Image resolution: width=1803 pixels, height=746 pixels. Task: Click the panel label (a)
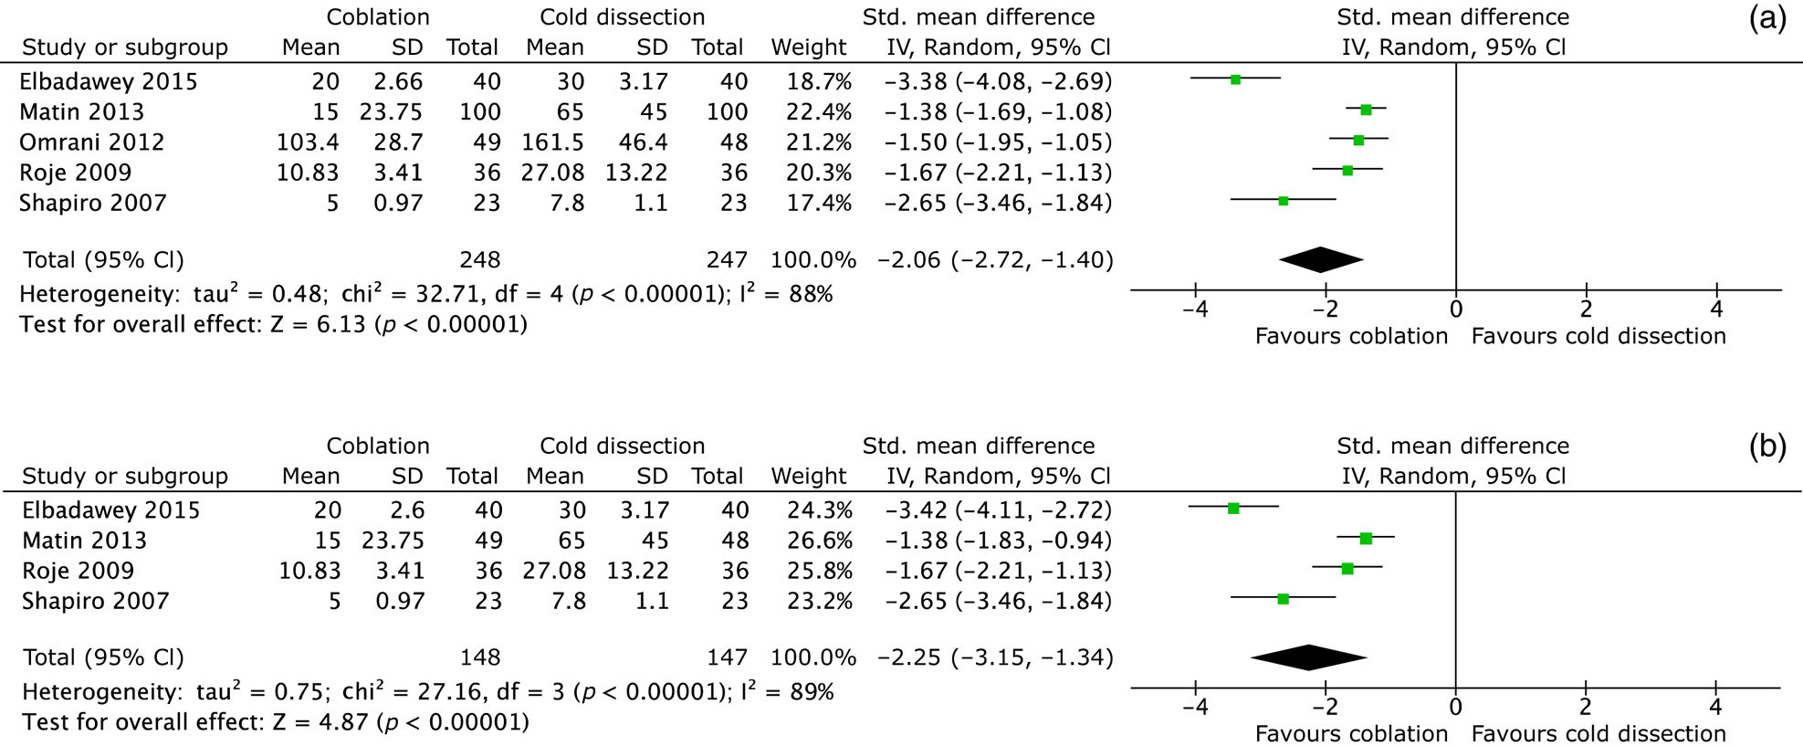(1766, 18)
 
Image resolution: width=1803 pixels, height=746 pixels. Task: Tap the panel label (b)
(1766, 447)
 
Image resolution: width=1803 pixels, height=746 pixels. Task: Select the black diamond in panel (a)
(1321, 260)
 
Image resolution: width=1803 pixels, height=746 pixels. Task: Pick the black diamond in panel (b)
(1309, 657)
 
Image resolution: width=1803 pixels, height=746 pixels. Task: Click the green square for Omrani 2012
(1358, 140)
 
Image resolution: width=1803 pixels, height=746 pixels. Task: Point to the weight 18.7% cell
(820, 82)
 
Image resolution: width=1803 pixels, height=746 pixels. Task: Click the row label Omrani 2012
(91, 142)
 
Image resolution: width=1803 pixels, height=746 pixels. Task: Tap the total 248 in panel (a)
(479, 260)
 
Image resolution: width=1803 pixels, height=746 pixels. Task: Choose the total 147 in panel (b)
(727, 657)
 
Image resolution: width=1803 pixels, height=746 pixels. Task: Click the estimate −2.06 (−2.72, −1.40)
(995, 260)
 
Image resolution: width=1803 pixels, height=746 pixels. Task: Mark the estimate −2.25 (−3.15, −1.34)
(995, 657)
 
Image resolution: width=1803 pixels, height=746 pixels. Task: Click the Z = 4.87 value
(320, 722)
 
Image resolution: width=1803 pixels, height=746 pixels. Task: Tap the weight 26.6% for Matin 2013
(820, 541)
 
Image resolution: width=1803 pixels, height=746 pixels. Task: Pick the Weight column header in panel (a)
(808, 47)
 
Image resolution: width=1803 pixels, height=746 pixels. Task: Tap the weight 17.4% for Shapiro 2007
(820, 203)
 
